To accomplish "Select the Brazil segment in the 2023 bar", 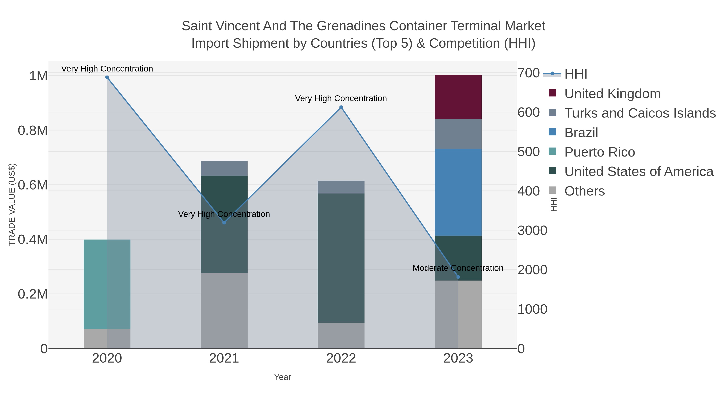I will pyautogui.click(x=458, y=192).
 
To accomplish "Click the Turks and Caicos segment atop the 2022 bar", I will pyautogui.click(x=341, y=187).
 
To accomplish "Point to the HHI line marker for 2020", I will pyautogui.click(x=107, y=77).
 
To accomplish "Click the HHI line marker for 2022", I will pyautogui.click(x=341, y=107).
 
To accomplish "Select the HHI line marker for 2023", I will pyautogui.click(x=458, y=277).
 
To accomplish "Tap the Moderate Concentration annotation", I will pyautogui.click(x=458, y=268).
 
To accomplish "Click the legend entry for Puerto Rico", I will pyautogui.click(x=599, y=152).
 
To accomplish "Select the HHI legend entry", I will pyautogui.click(x=576, y=74).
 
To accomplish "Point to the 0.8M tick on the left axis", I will pyautogui.click(x=33, y=130).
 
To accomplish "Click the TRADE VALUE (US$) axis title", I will pyautogui.click(x=12, y=204).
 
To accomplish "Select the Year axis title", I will pyautogui.click(x=282, y=377).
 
